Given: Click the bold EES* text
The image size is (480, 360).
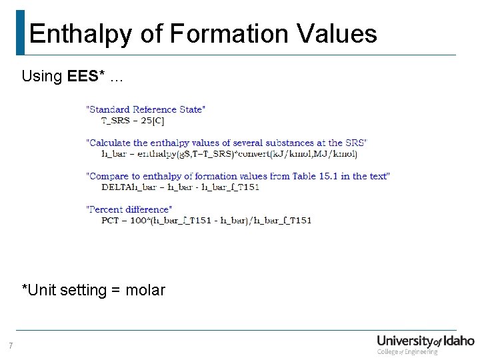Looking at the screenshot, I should (86, 76).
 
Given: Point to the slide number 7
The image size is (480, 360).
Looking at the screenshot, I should (11, 345).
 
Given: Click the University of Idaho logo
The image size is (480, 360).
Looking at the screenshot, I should (425, 341).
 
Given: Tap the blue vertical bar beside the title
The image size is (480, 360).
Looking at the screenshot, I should (20, 32).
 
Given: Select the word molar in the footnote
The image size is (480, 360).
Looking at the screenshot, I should (145, 290).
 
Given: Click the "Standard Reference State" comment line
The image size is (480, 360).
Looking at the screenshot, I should (146, 109).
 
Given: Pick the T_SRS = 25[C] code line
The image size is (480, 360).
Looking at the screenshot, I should (133, 121).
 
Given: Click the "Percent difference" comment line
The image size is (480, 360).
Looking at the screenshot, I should (129, 209).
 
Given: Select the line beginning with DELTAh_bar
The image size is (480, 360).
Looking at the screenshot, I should (180, 187).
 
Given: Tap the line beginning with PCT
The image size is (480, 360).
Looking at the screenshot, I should (206, 220).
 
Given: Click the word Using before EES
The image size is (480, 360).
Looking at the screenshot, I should (41, 76).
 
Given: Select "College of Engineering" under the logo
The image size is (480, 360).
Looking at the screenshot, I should (407, 351).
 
